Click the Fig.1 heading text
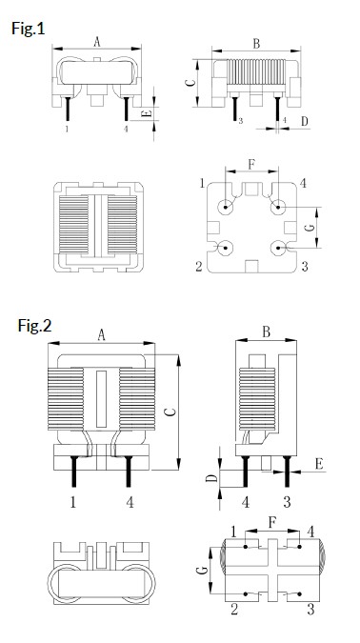click(28, 29)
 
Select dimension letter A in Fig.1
click(97, 41)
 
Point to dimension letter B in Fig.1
click(256, 44)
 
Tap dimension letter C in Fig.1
click(190, 83)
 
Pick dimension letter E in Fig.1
click(145, 114)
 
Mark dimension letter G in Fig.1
click(310, 229)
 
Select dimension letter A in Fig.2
click(100, 333)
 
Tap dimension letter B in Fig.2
click(267, 332)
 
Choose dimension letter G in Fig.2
click(202, 571)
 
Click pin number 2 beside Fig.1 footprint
click(199, 267)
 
